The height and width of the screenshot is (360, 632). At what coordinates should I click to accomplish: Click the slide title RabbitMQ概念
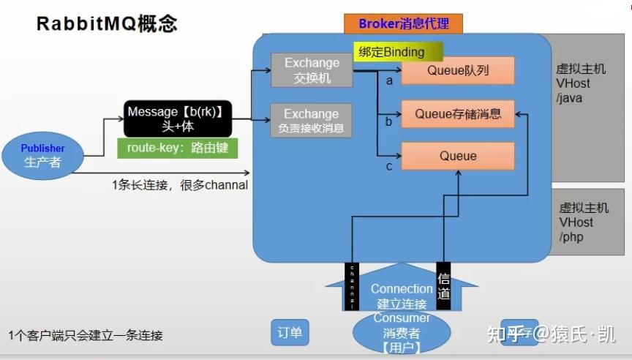coord(108,23)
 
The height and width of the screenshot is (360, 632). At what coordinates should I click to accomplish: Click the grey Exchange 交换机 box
coord(312,70)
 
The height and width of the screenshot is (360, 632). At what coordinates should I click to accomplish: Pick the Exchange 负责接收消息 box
coord(312,121)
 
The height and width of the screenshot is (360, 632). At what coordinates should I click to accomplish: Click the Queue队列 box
coord(457,71)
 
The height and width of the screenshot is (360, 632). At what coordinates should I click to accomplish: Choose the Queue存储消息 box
coord(458,113)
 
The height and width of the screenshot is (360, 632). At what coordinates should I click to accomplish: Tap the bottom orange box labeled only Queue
coord(458,156)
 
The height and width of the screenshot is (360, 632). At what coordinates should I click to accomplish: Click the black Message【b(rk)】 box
coord(178,119)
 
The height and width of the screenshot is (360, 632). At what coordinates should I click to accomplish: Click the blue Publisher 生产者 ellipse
coord(42,155)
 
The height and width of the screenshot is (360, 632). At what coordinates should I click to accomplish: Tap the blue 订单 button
coord(290,333)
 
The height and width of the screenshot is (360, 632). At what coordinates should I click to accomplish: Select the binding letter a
coord(390,80)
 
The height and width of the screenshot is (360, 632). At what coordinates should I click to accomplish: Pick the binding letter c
coord(389,166)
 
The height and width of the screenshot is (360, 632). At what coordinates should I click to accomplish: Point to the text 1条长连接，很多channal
coord(180,185)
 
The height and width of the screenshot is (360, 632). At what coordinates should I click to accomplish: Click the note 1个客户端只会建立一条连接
coord(86,336)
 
